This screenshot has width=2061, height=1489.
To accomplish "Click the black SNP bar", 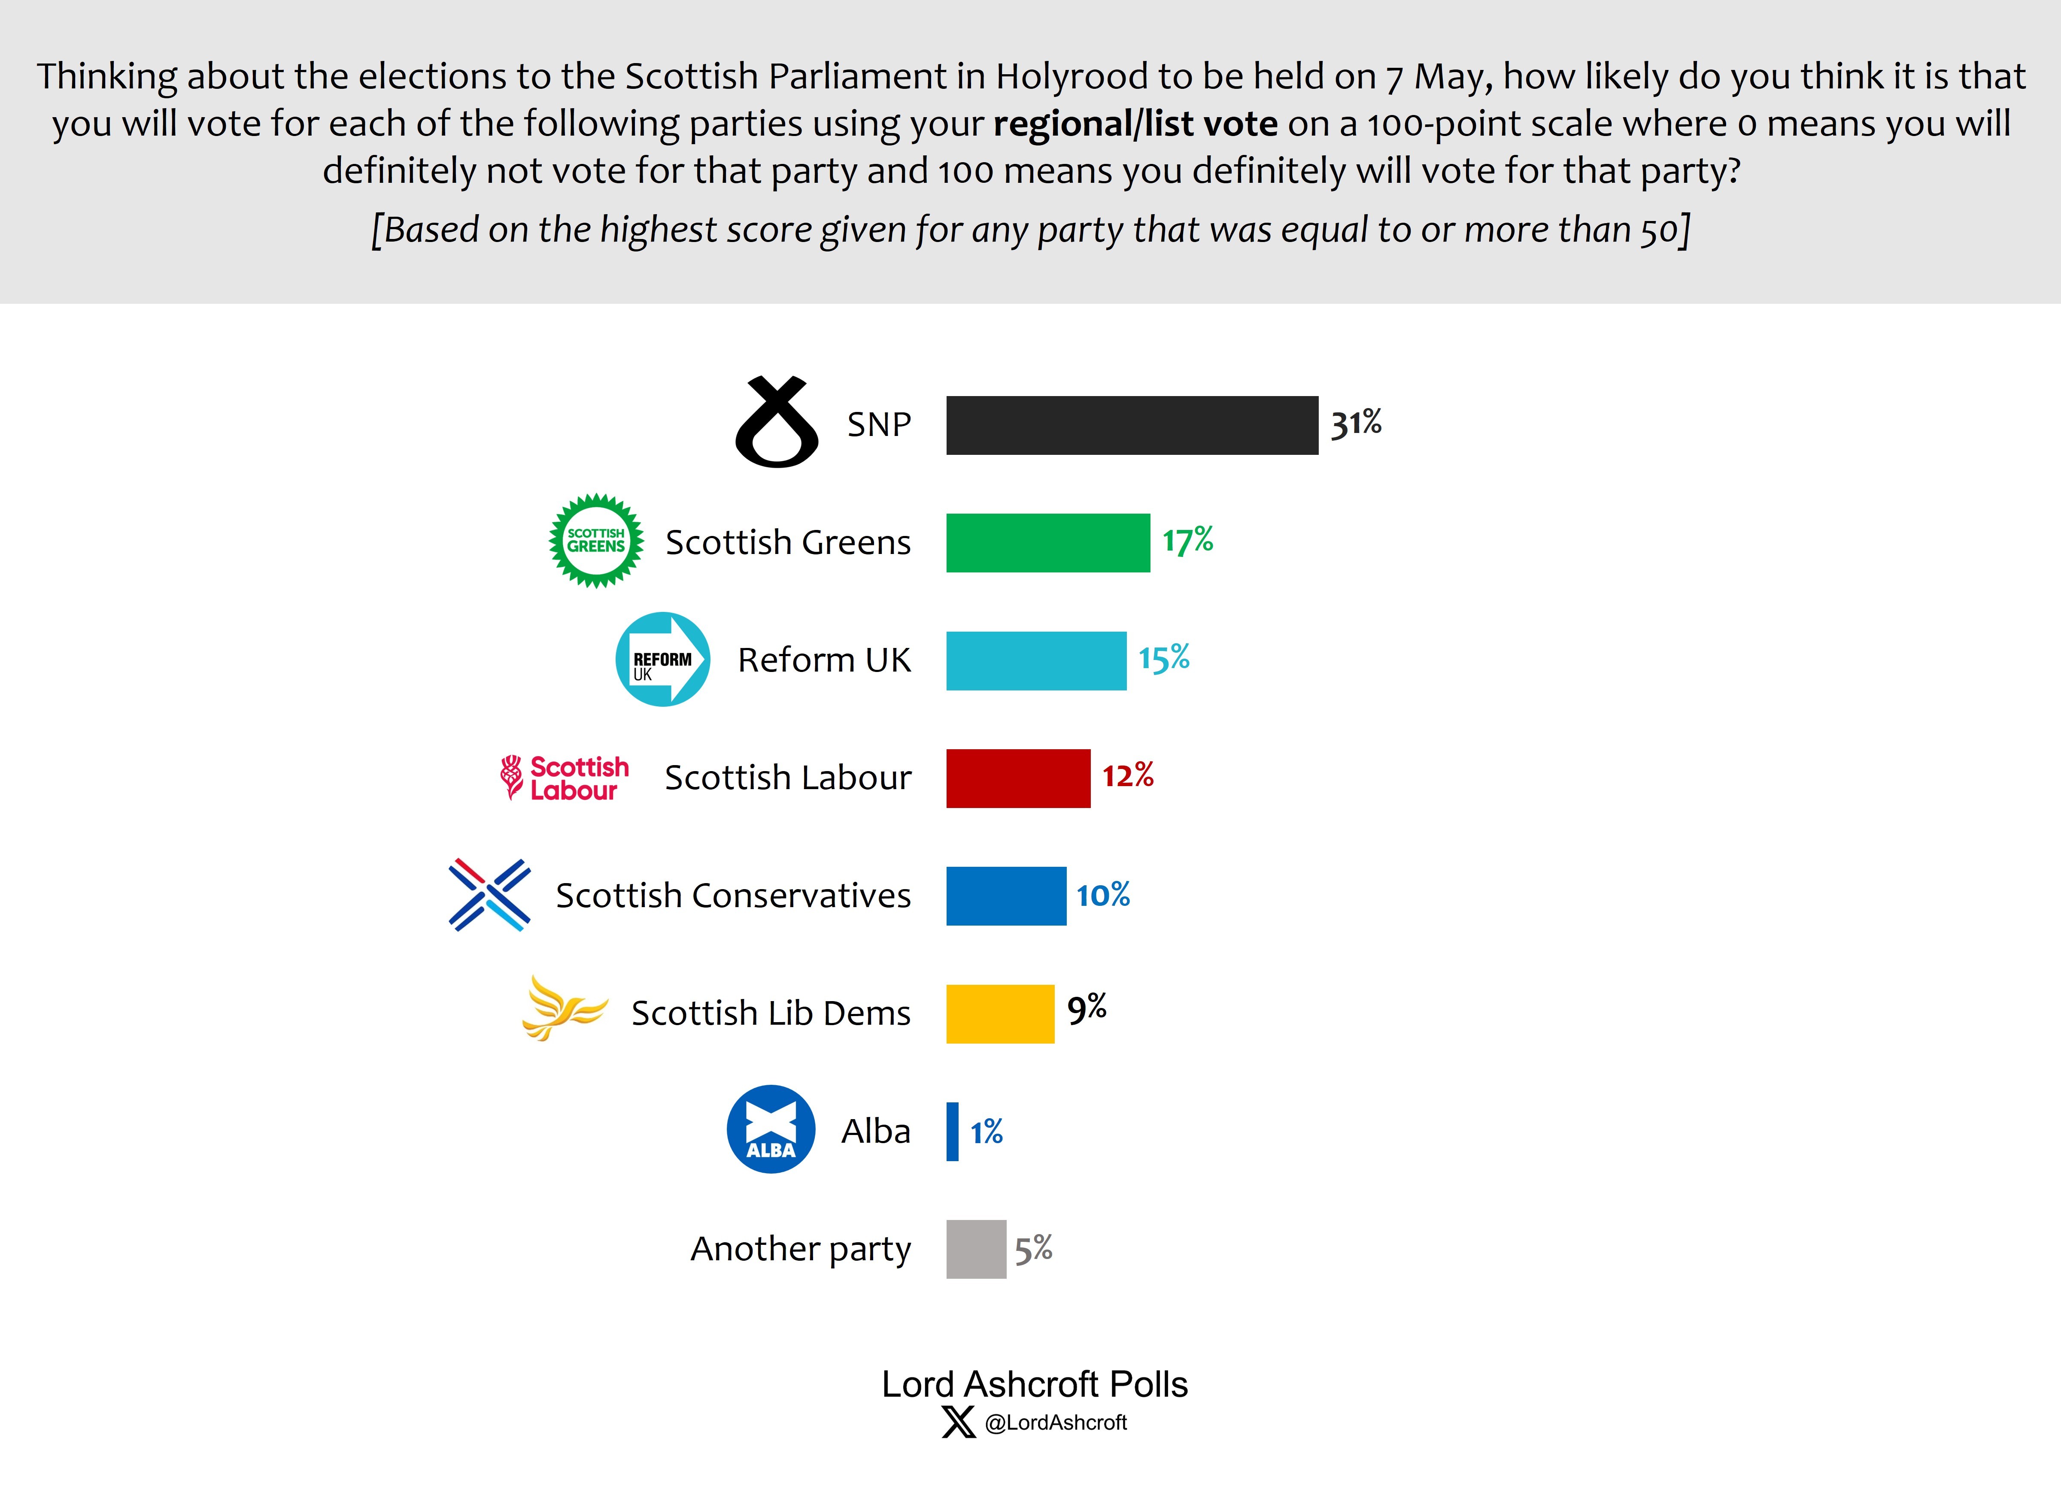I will [1131, 425].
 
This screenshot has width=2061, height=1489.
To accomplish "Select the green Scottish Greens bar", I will [1048, 542].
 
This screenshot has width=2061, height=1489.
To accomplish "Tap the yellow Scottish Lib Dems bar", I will [1000, 1014].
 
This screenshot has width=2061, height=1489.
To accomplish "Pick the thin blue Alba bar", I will [952, 1131].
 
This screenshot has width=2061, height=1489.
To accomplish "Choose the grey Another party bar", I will [976, 1249].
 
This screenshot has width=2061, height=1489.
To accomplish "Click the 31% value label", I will [1356, 424].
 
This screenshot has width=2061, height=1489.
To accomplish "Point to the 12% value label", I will [1128, 776].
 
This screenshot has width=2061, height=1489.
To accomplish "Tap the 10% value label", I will [1103, 895].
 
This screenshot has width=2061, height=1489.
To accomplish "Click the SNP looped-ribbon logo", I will [777, 422].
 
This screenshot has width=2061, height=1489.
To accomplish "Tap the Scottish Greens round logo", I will [596, 541].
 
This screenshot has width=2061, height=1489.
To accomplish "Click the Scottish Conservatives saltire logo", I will [489, 895].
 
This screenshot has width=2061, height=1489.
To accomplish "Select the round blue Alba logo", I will [771, 1129].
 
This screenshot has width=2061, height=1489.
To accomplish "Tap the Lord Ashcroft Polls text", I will [1034, 1383].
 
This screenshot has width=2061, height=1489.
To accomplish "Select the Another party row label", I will [800, 1249].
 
